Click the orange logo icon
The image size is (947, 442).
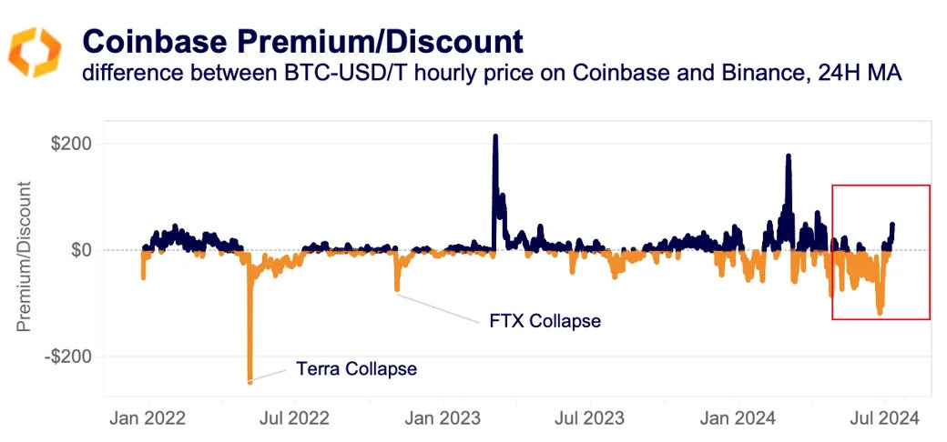pyautogui.click(x=35, y=52)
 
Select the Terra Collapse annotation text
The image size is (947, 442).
pyautogui.click(x=356, y=369)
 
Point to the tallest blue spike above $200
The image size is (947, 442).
pyautogui.click(x=495, y=136)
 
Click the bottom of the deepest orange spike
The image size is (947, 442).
pyautogui.click(x=249, y=382)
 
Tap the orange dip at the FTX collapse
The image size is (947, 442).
pyautogui.click(x=396, y=289)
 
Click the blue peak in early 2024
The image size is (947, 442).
pyautogui.click(x=788, y=156)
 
